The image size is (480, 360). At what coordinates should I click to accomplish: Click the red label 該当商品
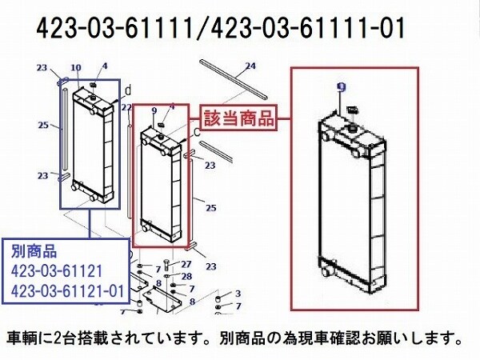[x=238, y=118]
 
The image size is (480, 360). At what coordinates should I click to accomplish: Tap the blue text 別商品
[x=34, y=250]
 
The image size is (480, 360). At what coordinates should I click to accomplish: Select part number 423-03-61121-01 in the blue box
[x=67, y=290]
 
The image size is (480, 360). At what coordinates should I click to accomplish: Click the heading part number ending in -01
[x=308, y=28]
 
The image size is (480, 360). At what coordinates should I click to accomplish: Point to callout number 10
[x=76, y=68]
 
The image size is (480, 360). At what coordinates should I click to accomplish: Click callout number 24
[x=250, y=66]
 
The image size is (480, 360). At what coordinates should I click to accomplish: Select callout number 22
[x=126, y=107]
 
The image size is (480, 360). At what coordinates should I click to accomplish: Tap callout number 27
[x=186, y=263]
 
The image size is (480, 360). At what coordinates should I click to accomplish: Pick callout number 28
[x=186, y=276]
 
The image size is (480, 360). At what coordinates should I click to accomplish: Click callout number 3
[x=238, y=294]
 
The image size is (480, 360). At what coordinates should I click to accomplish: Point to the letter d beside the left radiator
[x=129, y=90]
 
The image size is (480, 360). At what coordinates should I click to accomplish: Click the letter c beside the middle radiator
[x=197, y=132]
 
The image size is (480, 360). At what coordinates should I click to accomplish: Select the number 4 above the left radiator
[x=105, y=66]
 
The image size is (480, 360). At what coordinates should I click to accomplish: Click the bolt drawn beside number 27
[x=166, y=265]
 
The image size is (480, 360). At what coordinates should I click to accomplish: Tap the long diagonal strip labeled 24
[x=234, y=79]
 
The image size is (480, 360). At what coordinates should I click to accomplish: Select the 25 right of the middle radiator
[x=211, y=208]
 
